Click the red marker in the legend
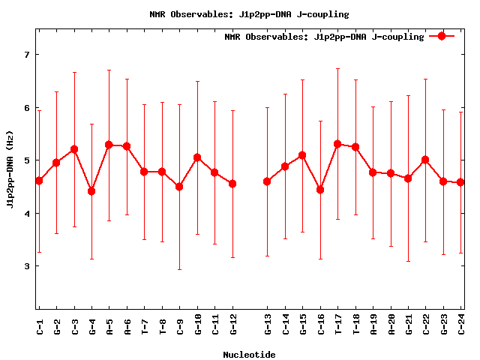pyautogui.click(x=442, y=36)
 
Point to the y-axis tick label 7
pyautogui.click(x=26, y=55)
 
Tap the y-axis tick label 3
pyautogui.click(x=26, y=266)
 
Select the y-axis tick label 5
pyautogui.click(x=26, y=160)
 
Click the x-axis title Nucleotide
pyautogui.click(x=249, y=355)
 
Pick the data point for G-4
pyautogui.click(x=91, y=191)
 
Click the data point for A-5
pyautogui.click(x=109, y=145)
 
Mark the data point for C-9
pyautogui.click(x=179, y=187)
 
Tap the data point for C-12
pyautogui.click(x=232, y=184)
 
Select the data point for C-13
pyautogui.click(x=267, y=181)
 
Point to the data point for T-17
pyautogui.click(x=337, y=144)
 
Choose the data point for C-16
pyautogui.click(x=320, y=190)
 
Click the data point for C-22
pyautogui.click(x=425, y=160)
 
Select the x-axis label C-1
pyautogui.click(x=39, y=326)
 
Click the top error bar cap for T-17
pyautogui.click(x=337, y=69)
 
